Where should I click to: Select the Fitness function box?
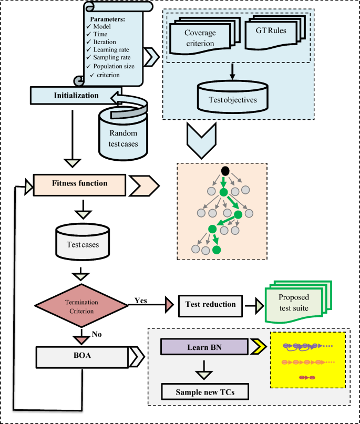tap(79, 184)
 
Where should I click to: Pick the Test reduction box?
tap(210, 304)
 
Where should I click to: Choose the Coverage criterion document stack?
tap(199, 38)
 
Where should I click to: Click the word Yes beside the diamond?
tap(140, 301)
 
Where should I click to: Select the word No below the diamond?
tap(97, 333)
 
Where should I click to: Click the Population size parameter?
tap(114, 66)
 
